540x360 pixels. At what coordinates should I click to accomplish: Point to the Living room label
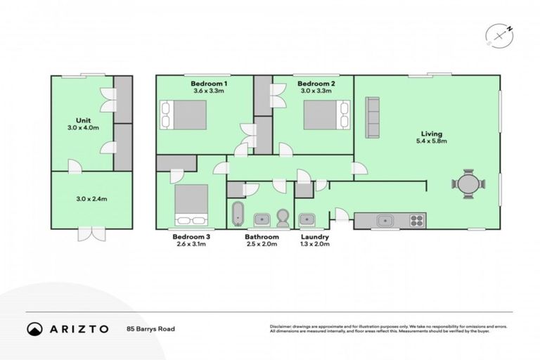pyautogui.click(x=431, y=133)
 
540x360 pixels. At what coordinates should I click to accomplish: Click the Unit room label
pyautogui.click(x=82, y=120)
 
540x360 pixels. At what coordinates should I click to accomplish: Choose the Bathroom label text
pyautogui.click(x=262, y=237)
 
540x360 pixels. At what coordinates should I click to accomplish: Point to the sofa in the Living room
pyautogui.click(x=372, y=117)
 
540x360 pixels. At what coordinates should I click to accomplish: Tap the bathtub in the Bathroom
pyautogui.click(x=237, y=214)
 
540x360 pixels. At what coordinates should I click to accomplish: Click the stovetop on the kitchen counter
pyautogui.click(x=416, y=220)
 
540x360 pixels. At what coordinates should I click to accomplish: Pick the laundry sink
pyautogui.click(x=306, y=220)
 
